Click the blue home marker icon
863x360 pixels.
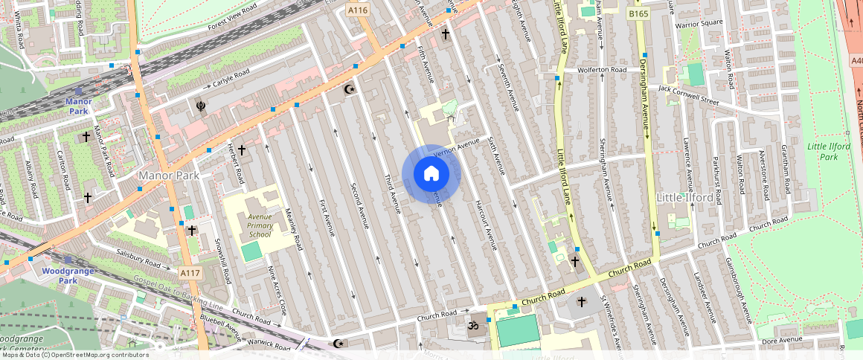tap(431, 174)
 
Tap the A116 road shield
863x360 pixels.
tap(358, 10)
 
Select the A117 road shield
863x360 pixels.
tap(190, 273)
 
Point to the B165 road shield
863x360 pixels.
tap(638, 13)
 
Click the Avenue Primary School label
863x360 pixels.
tap(260, 225)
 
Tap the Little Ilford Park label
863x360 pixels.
tap(828, 152)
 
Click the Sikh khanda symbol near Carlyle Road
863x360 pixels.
tap(199, 106)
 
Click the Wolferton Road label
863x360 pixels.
tap(602, 70)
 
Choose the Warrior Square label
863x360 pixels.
tap(699, 23)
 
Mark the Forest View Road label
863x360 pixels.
tap(232, 16)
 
